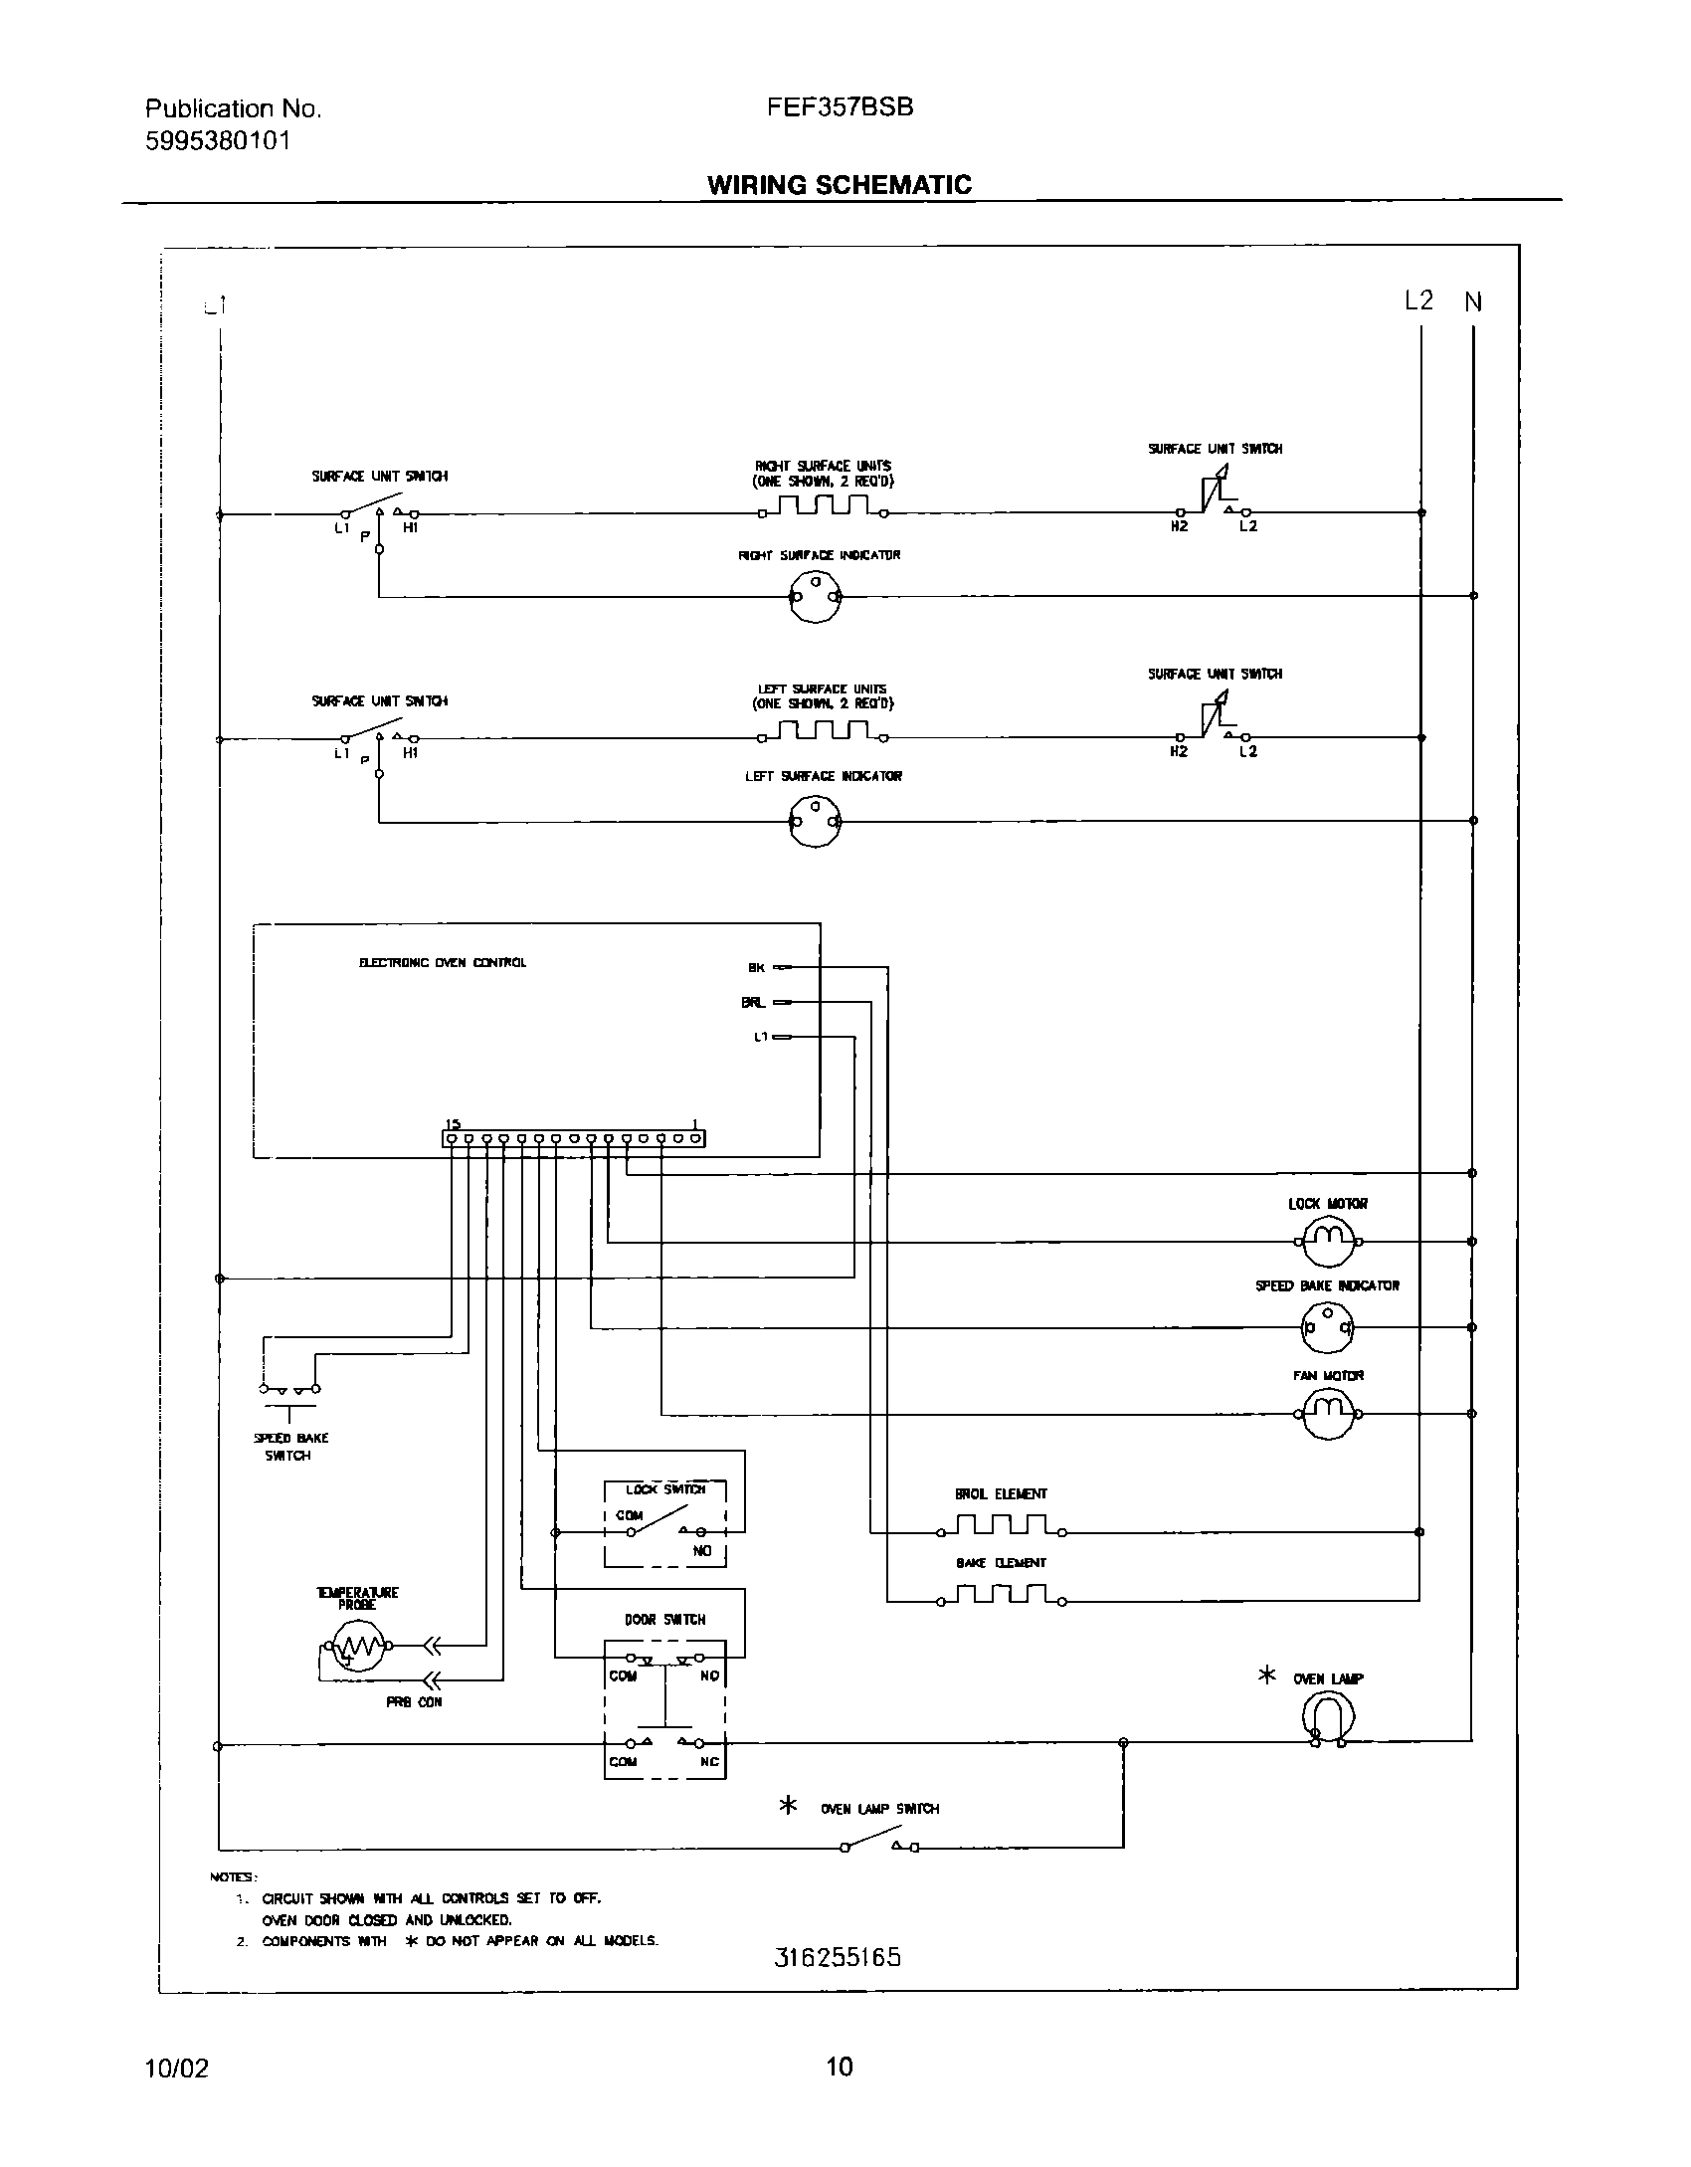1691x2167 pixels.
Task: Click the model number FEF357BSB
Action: point(840,107)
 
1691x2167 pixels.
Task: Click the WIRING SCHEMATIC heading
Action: point(840,185)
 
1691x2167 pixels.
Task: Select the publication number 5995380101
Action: point(218,141)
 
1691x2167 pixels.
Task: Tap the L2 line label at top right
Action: point(1418,300)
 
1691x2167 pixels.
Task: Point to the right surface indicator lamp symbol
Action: point(815,597)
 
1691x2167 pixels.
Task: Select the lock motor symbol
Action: point(1328,1241)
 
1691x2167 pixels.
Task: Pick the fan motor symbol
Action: point(1328,1413)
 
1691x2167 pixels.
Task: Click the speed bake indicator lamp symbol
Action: point(1328,1327)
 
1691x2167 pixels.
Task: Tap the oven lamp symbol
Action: point(1328,1718)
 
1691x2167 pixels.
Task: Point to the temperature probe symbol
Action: point(356,1647)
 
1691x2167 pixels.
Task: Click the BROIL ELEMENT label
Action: point(1001,1494)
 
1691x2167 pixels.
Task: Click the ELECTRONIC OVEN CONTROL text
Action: point(443,963)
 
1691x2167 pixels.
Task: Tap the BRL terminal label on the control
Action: point(753,1003)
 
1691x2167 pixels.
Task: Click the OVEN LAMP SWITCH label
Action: point(879,1809)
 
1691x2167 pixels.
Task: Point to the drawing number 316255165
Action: point(838,1958)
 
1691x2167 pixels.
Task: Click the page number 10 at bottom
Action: point(840,2068)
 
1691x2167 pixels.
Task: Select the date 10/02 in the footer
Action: point(177,2068)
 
